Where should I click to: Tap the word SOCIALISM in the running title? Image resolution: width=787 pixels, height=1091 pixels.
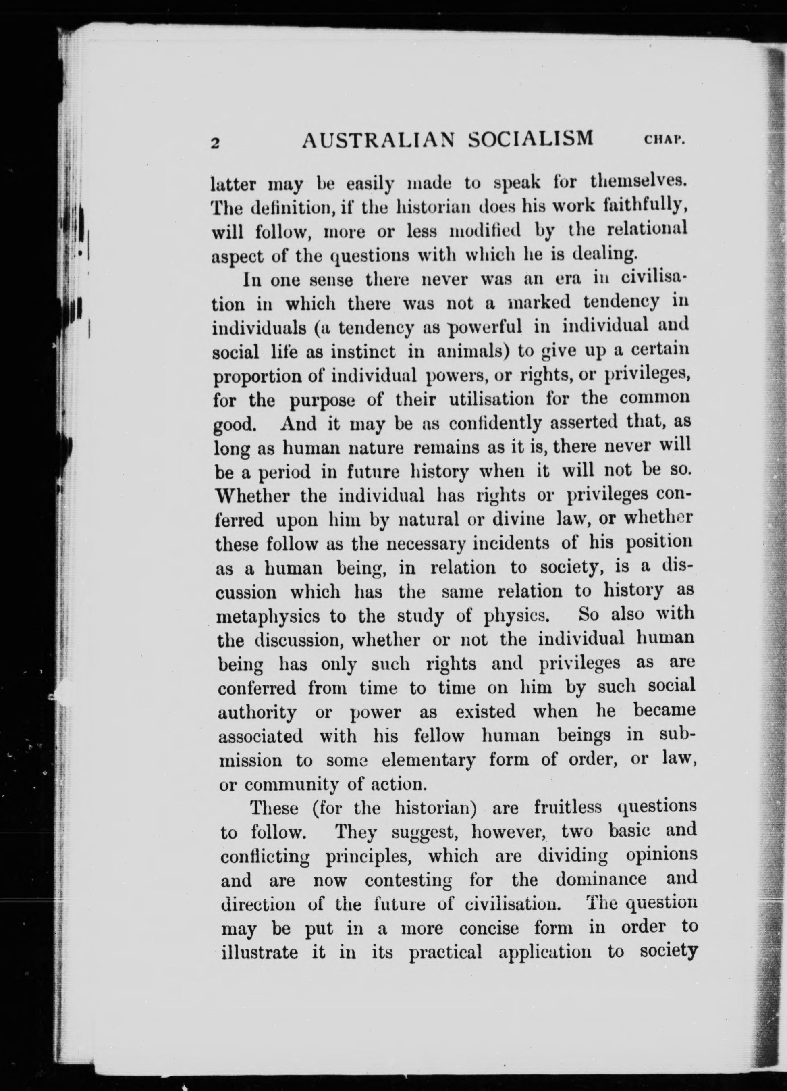(x=531, y=139)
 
